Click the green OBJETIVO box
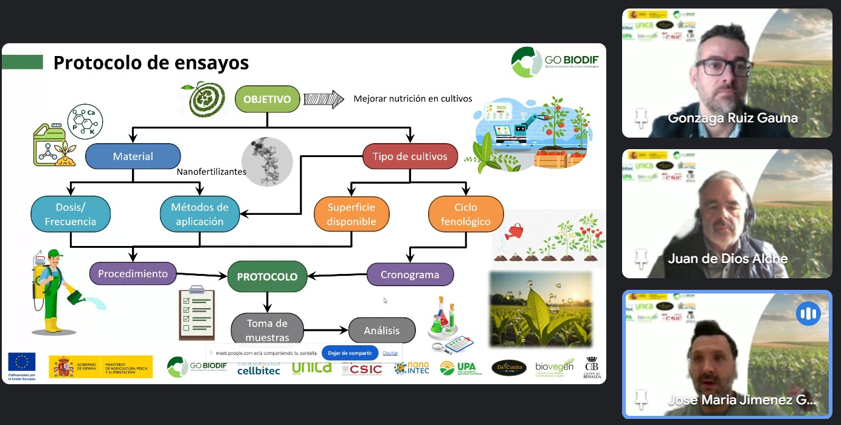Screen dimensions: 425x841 point(267,99)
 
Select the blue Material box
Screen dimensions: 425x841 point(133,156)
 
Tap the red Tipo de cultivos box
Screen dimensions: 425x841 point(410,156)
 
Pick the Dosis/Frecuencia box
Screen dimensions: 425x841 point(71,214)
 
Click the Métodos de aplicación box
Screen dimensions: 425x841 point(199,214)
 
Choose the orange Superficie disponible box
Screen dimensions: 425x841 point(351,214)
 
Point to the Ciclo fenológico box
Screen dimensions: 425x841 point(466,214)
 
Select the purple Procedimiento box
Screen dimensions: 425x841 point(133,273)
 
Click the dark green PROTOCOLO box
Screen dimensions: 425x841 point(267,276)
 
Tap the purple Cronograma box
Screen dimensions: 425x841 point(410,275)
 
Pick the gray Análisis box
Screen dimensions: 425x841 point(382,331)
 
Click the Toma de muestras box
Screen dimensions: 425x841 point(267,329)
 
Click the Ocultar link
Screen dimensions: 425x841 point(390,353)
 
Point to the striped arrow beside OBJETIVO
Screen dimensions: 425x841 point(323,99)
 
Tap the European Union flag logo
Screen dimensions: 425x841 point(22,362)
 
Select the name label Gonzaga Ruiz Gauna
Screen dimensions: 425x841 point(733,118)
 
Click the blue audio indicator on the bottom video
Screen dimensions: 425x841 point(808,314)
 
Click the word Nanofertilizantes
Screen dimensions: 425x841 point(211,172)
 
